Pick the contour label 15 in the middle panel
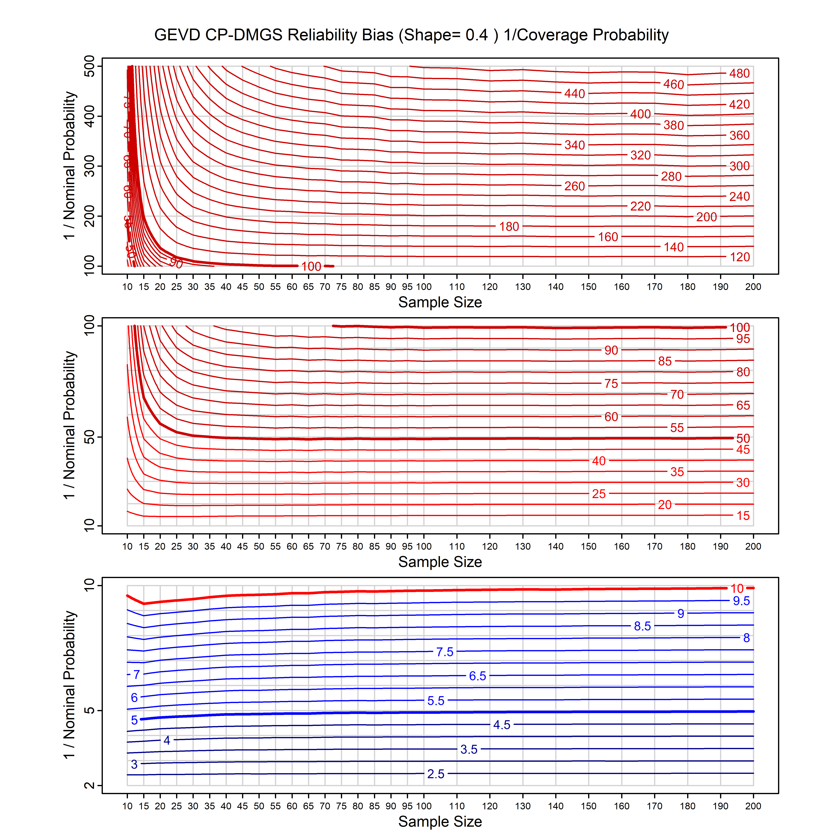pos(743,516)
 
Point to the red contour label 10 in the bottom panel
pos(737,588)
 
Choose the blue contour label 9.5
pos(741,601)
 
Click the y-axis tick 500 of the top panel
pos(90,66)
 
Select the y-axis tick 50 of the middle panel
pos(90,437)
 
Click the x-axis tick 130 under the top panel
pos(523,287)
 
